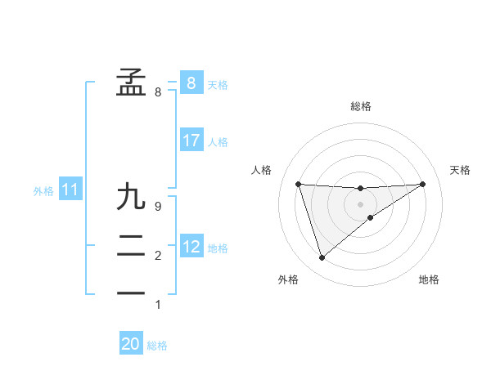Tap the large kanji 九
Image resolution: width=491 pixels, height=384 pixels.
[x=132, y=197]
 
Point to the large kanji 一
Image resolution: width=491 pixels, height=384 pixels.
[x=132, y=292]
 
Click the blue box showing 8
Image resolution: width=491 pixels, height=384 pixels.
[x=191, y=83]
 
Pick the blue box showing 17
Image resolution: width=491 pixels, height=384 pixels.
[x=191, y=141]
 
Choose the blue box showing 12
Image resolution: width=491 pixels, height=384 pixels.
[x=191, y=246]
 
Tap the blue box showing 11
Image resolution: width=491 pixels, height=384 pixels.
[x=70, y=190]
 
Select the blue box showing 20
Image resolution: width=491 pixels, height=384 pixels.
[x=130, y=344]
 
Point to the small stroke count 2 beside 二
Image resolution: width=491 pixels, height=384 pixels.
[x=158, y=256]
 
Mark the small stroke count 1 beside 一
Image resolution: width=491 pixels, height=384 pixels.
[x=158, y=305]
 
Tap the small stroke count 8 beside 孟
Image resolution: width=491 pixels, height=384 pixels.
[x=158, y=92]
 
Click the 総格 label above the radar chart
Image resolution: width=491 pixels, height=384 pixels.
[x=361, y=106]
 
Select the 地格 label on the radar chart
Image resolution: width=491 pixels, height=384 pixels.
[x=429, y=279]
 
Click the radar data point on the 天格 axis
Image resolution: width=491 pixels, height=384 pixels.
[x=423, y=184]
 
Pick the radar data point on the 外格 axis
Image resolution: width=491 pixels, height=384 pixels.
[x=322, y=258]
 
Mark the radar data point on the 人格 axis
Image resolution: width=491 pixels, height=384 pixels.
[x=299, y=184]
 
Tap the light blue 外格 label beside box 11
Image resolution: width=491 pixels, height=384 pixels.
[x=43, y=191]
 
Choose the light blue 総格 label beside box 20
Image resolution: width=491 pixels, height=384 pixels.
[x=157, y=346]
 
